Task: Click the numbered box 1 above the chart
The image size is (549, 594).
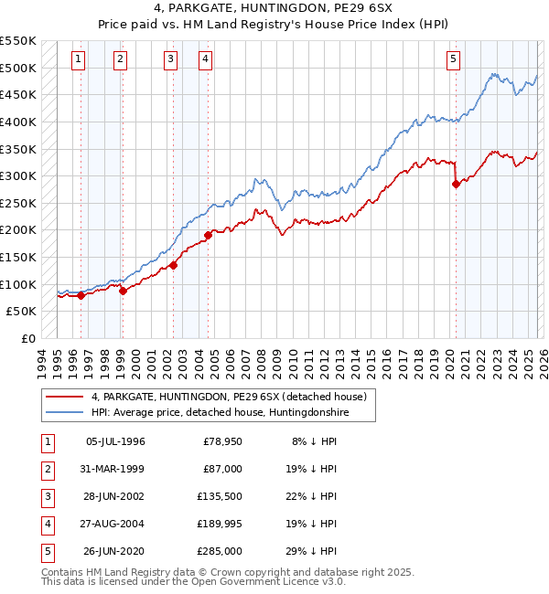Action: (x=79, y=60)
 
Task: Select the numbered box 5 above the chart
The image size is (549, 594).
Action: (x=454, y=60)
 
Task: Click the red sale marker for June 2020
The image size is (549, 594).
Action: (x=456, y=184)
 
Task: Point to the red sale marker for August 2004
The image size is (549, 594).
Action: (x=208, y=235)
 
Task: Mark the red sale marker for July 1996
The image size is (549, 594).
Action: (x=81, y=295)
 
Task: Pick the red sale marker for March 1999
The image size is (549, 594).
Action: (x=123, y=291)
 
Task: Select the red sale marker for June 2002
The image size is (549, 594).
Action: (x=173, y=265)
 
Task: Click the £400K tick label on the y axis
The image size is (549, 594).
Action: (x=18, y=122)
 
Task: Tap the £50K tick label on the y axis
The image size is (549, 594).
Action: (x=22, y=312)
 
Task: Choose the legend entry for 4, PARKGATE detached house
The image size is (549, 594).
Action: (x=229, y=397)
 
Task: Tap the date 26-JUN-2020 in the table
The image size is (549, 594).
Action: (x=114, y=551)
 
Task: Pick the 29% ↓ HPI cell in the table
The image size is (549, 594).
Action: (x=313, y=551)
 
